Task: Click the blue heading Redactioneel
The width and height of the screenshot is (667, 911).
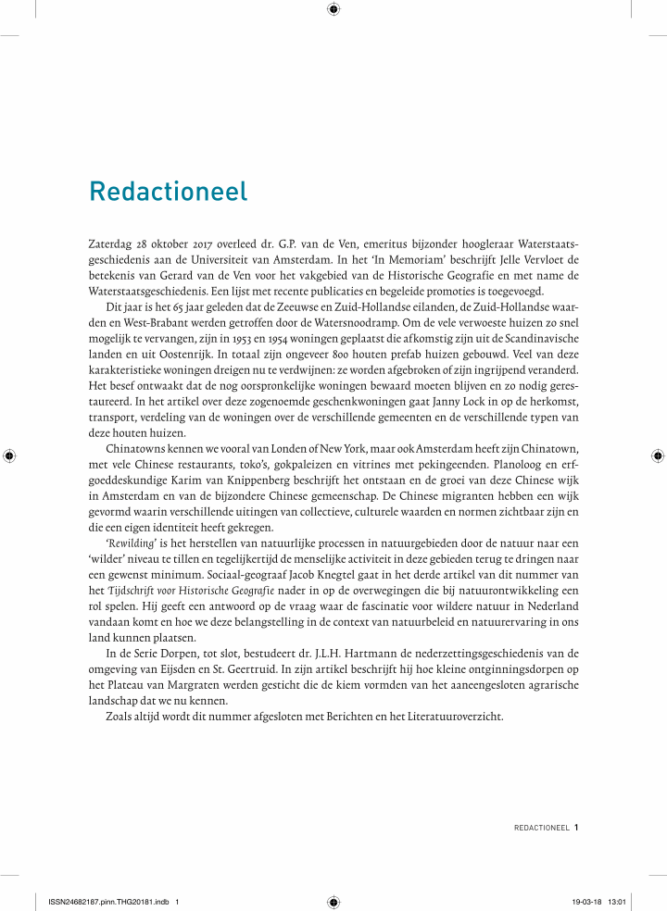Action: pos(169,192)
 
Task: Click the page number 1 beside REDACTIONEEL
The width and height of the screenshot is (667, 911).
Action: pos(576,828)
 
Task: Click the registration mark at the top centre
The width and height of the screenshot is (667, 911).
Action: pos(333,10)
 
